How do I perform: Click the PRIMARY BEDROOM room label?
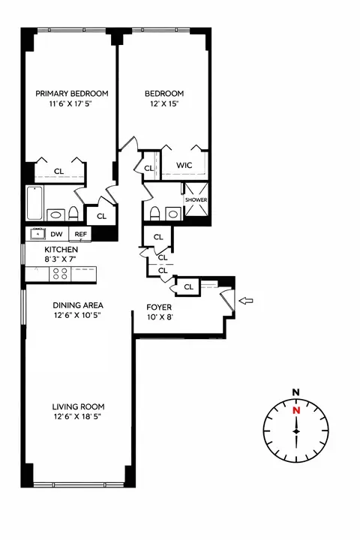coord(72,94)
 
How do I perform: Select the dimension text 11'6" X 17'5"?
coord(72,105)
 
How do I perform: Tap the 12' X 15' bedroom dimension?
coord(163,105)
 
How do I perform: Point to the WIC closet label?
coord(184,166)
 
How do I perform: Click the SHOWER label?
coord(196,200)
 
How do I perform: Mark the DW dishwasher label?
coord(57,234)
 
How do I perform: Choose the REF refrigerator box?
coord(80,234)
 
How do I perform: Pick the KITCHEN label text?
coord(57,250)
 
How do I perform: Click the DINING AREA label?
coord(77,305)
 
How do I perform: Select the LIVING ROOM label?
coord(73,406)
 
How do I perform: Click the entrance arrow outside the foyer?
coord(246,301)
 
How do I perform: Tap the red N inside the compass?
coord(296,410)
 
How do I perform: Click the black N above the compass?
coord(296,392)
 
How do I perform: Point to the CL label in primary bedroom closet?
coord(55,170)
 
